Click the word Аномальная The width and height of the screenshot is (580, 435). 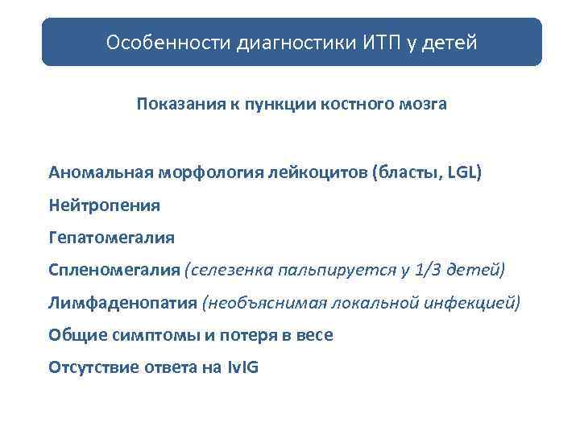101,172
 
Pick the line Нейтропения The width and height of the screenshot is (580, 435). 105,205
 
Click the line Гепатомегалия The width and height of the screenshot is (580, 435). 111,238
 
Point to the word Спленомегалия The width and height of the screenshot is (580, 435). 114,270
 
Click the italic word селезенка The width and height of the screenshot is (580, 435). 228,270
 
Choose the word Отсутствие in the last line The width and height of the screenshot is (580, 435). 91,367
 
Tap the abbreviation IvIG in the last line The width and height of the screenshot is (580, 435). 242,367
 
